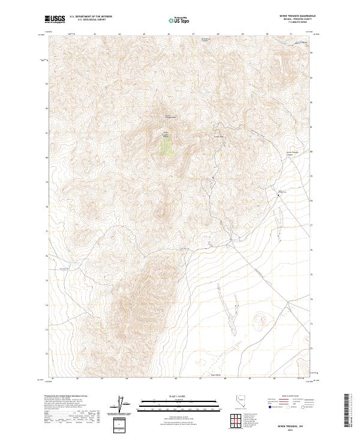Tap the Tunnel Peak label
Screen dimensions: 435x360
[219, 136]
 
